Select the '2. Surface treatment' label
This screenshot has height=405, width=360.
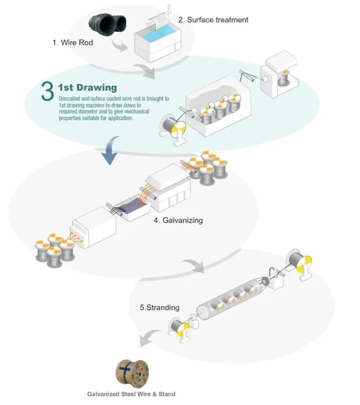(213, 20)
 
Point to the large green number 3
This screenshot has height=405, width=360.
(47, 90)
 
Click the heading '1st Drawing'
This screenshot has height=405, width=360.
(87, 87)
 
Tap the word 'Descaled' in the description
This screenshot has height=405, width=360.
(69, 98)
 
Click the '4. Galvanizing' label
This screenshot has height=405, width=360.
(178, 220)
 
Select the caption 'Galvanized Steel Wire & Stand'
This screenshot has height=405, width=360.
(131, 394)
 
